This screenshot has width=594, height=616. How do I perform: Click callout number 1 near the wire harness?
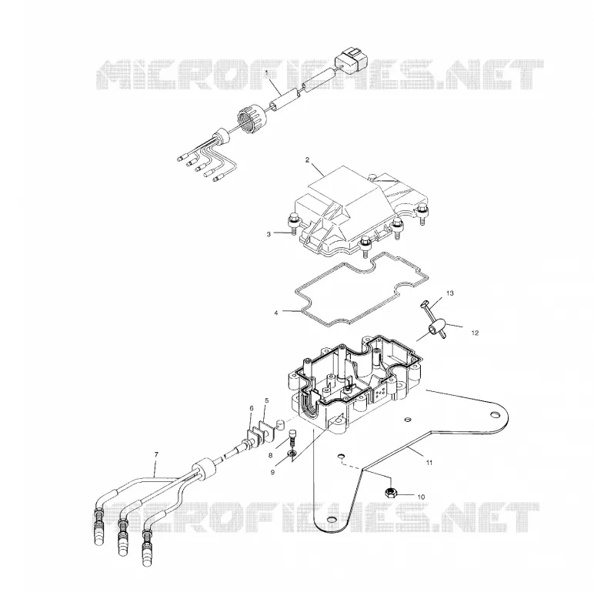point(266,72)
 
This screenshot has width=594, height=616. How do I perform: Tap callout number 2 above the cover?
point(307,160)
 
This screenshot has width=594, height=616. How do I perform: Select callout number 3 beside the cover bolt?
point(269,234)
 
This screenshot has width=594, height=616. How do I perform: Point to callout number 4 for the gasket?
point(276,313)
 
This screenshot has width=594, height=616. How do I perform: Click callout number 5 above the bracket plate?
point(266,400)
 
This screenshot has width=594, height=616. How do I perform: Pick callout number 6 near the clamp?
point(252,408)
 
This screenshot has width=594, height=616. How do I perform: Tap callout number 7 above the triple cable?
point(156,454)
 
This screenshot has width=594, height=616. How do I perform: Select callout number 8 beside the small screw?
point(270,456)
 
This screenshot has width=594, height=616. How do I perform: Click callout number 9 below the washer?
point(272,472)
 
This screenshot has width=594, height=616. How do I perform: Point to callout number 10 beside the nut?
point(421,497)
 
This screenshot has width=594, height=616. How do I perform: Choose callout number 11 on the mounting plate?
point(429,463)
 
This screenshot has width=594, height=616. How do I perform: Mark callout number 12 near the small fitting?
point(475,333)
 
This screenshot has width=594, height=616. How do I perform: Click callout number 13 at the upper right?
point(450,293)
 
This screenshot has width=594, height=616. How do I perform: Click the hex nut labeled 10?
point(390,491)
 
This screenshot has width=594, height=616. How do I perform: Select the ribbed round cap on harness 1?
point(252,118)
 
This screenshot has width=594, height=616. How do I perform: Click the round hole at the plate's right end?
point(495,414)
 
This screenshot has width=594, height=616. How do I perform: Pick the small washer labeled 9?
point(292,454)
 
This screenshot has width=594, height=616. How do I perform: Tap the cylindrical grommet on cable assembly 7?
point(205,469)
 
